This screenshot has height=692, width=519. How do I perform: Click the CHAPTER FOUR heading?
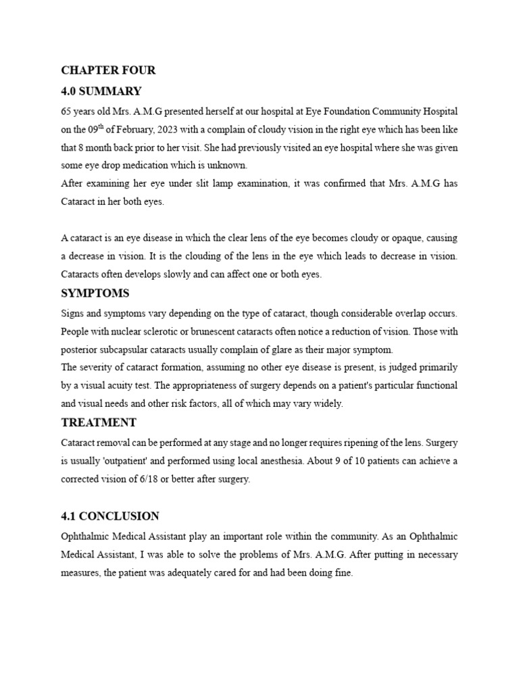coord(108,70)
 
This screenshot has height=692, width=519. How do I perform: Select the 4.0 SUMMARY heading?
coord(101,91)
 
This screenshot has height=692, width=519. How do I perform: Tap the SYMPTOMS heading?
coord(95,294)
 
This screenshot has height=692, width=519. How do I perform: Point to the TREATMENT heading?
coord(99,423)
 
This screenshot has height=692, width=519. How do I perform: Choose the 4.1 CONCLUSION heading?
coord(110,516)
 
